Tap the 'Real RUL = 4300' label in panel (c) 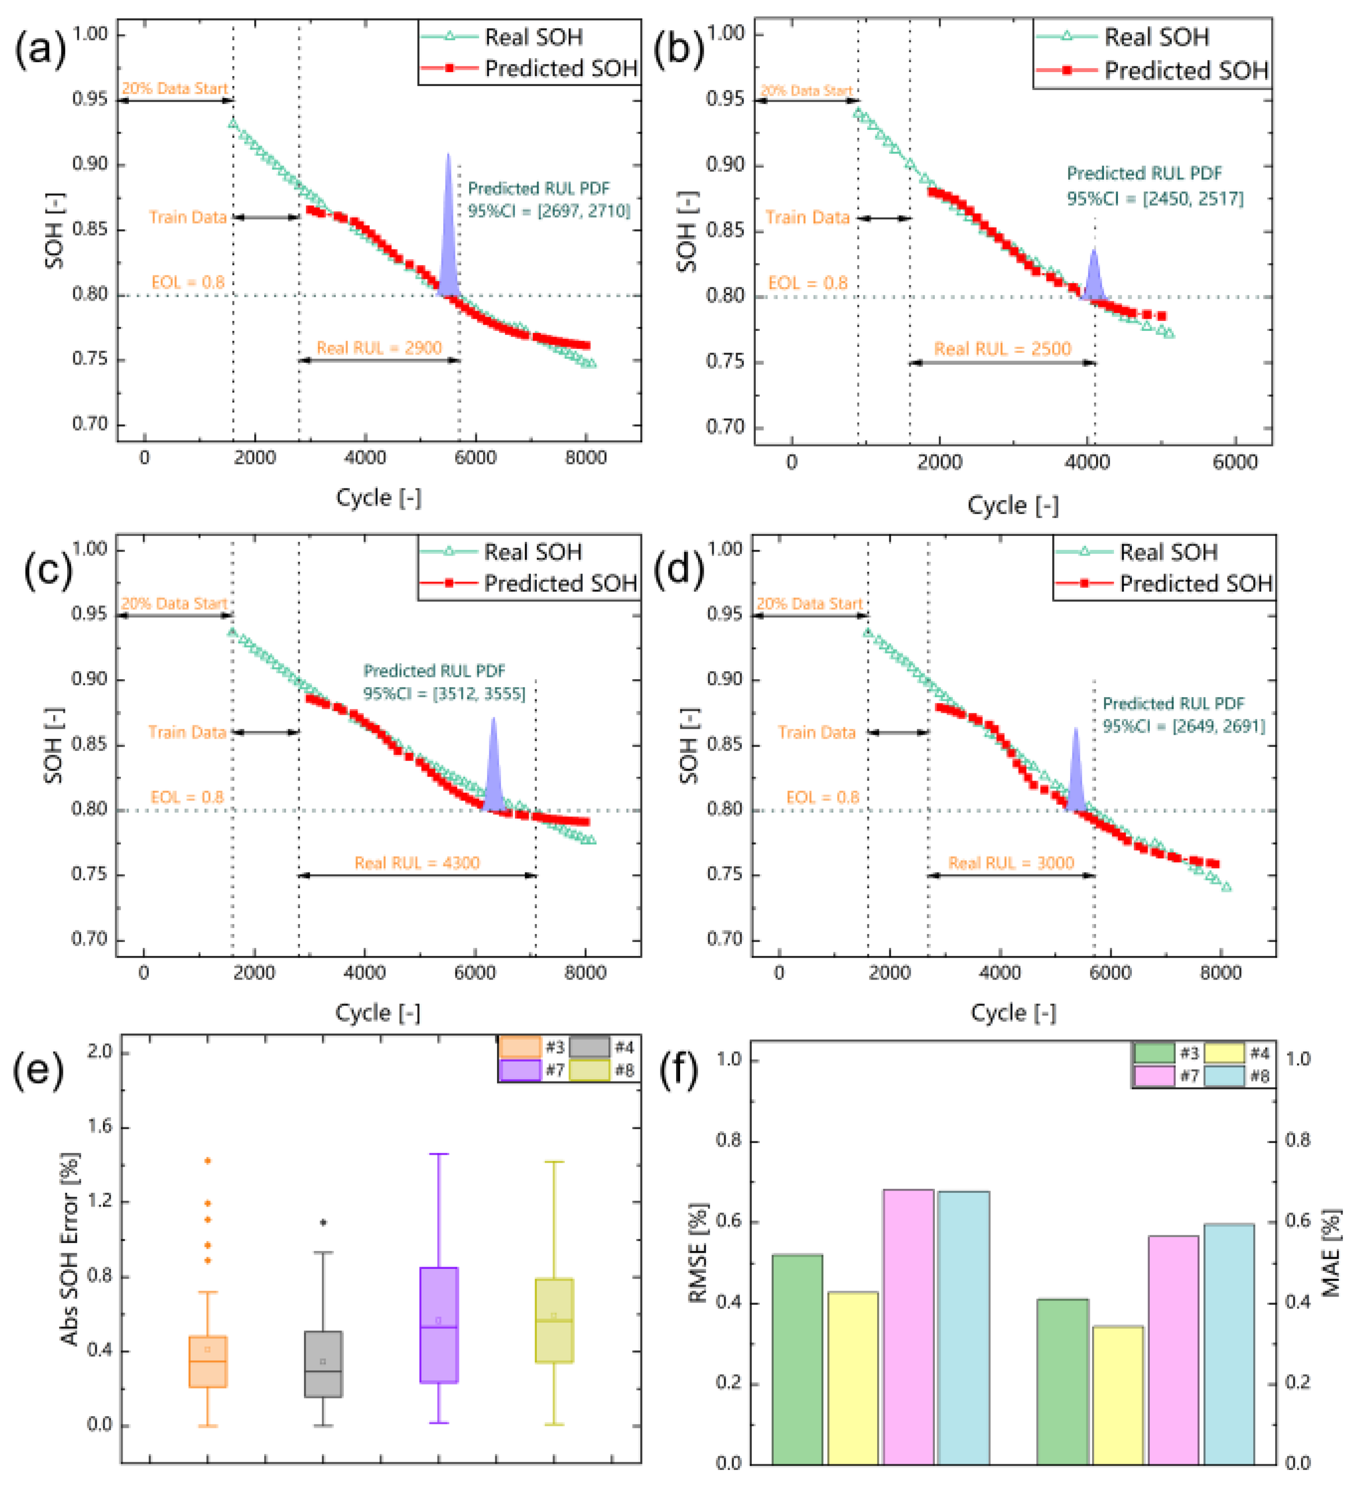click(x=417, y=862)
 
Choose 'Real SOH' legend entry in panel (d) click(x=1169, y=553)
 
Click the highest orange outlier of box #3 click(x=208, y=1161)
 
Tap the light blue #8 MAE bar click(x=1229, y=1344)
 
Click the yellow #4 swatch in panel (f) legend click(x=1224, y=1053)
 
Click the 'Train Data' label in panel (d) click(x=816, y=733)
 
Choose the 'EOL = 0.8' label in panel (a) click(x=188, y=283)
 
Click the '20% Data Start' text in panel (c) click(x=174, y=604)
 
